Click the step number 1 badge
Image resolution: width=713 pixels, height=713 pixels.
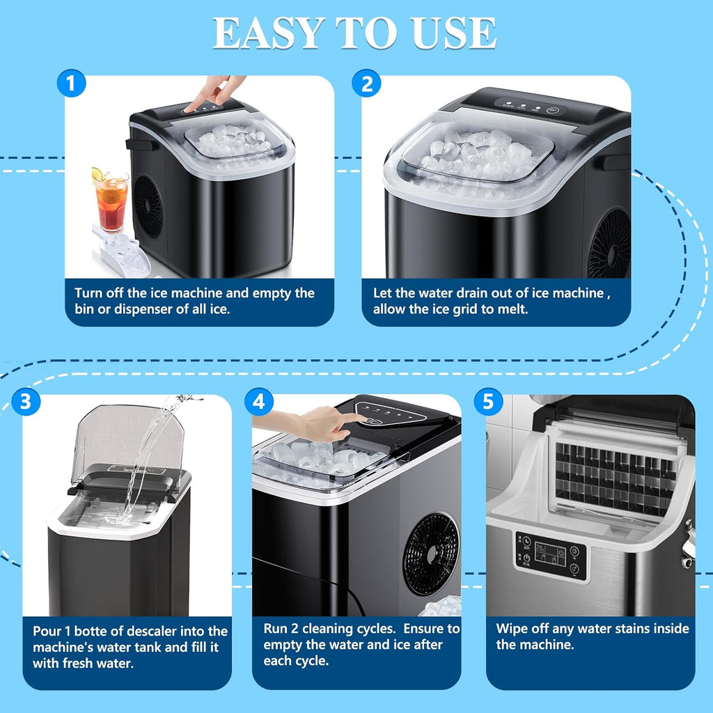(x=70, y=84)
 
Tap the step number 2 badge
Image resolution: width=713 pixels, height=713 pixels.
(x=366, y=84)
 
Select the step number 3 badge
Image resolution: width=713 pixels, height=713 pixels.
(x=26, y=402)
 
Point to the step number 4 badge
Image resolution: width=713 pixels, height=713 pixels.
(x=259, y=402)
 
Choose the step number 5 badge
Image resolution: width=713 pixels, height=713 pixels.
(x=488, y=402)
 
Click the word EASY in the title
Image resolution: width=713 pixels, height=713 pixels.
(x=267, y=32)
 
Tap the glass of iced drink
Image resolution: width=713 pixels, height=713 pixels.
(x=112, y=202)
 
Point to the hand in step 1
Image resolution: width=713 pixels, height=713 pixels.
(x=219, y=91)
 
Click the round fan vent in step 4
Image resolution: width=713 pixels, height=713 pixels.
(x=432, y=554)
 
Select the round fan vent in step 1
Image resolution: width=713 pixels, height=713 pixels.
(x=148, y=206)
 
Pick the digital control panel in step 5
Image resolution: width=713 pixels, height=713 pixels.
(x=549, y=556)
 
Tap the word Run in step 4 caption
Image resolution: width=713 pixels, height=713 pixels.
(x=276, y=629)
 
